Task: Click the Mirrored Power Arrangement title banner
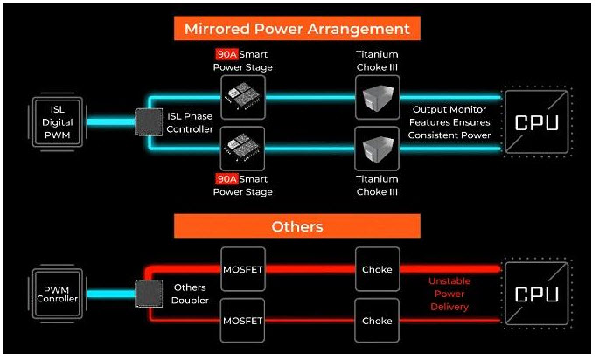point(296,28)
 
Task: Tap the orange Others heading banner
point(296,226)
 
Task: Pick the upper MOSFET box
point(242,270)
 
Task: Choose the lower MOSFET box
point(242,321)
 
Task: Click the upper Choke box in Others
point(377,270)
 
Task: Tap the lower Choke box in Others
point(377,321)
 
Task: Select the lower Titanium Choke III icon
point(377,149)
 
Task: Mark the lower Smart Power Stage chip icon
point(243,149)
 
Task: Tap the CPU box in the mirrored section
point(535,122)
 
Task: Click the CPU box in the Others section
point(535,294)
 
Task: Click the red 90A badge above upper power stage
point(226,54)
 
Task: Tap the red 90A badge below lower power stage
point(226,179)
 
